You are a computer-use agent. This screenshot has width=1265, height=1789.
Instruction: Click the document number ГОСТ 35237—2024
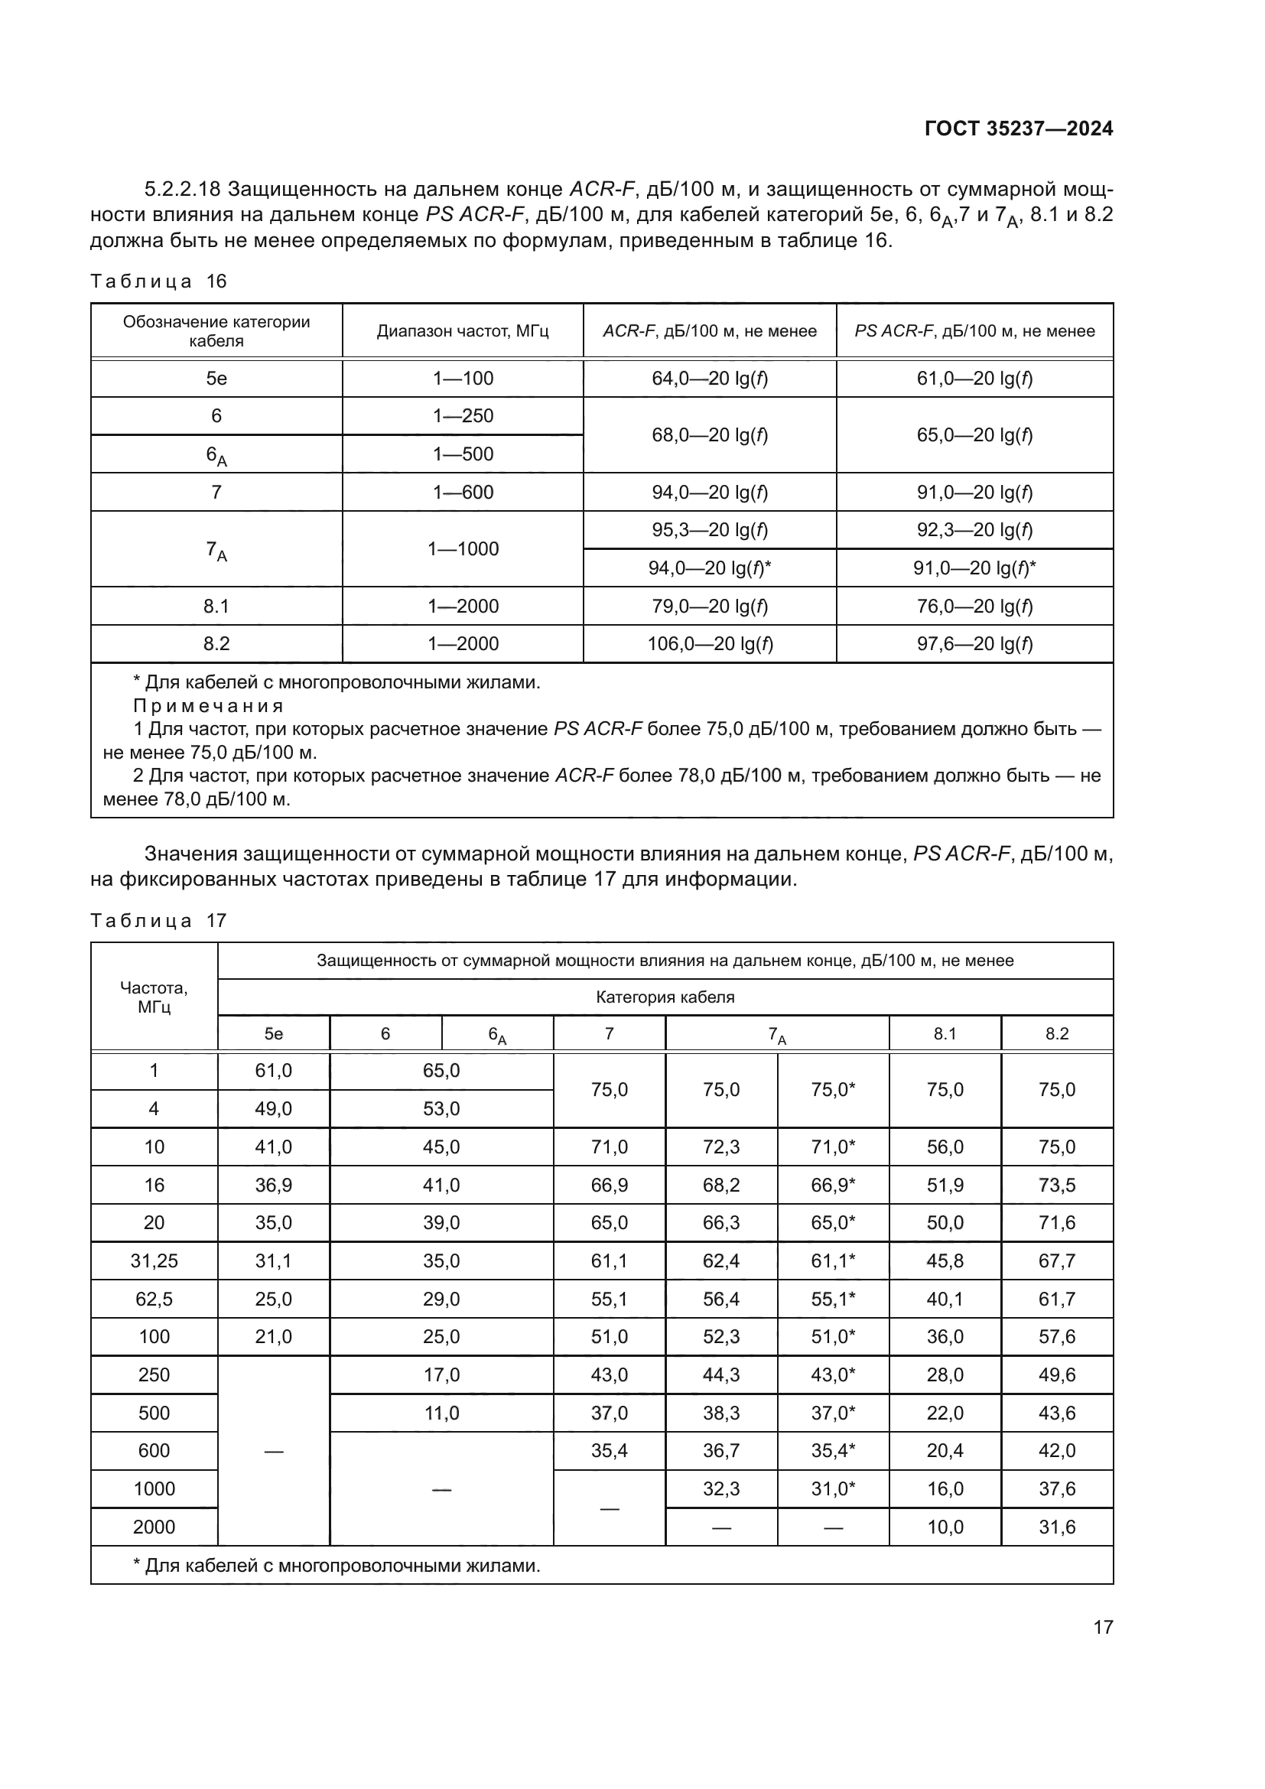1018,129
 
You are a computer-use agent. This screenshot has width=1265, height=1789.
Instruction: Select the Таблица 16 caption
158,281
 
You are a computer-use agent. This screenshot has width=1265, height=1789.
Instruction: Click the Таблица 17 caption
158,921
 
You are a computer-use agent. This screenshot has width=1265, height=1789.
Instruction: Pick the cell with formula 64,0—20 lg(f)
709,379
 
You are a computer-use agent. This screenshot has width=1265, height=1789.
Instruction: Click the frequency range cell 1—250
463,416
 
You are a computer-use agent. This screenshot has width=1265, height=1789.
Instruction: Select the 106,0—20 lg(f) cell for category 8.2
709,644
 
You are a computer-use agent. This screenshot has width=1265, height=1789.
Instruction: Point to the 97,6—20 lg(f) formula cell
974,644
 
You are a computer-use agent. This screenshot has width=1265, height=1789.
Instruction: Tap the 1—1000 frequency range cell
463,549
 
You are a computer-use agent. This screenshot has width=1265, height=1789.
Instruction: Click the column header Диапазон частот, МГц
463,331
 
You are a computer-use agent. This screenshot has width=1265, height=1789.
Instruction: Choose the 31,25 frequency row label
154,1260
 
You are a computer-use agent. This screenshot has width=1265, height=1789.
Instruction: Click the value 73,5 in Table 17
1056,1185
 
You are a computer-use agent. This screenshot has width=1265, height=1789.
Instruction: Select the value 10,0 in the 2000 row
945,1527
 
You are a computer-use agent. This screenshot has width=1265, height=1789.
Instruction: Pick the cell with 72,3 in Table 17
720,1147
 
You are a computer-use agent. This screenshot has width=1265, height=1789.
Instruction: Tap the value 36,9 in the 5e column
272,1185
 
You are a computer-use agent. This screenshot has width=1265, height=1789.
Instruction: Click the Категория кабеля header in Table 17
665,997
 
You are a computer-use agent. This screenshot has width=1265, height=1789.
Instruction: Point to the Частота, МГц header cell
154,997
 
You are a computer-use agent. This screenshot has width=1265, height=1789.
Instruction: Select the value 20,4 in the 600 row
945,1451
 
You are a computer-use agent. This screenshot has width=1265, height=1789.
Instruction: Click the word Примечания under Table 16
208,707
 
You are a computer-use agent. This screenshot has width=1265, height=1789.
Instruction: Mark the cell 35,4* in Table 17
833,1451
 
